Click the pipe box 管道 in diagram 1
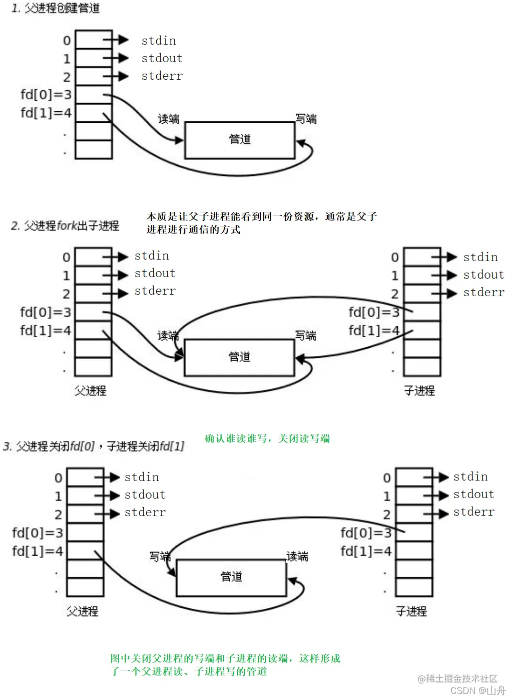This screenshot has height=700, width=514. (240, 140)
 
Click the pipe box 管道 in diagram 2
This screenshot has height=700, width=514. (239, 357)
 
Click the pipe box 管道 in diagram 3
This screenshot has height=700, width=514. (231, 577)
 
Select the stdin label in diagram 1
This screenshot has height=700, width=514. (159, 41)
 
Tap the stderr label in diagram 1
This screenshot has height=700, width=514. (162, 76)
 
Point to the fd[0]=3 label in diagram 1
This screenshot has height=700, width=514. (46, 95)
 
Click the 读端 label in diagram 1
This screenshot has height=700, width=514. (169, 119)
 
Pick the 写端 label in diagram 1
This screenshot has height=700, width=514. (306, 119)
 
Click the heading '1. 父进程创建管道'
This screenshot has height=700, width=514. (56, 9)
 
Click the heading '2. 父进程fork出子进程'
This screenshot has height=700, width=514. (65, 226)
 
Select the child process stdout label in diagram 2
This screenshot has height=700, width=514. (483, 275)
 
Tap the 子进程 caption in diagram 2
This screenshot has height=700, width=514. (419, 391)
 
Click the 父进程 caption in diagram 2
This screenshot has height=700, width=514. (91, 391)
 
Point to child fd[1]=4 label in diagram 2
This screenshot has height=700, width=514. (374, 331)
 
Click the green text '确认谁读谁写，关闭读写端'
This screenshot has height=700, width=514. (267, 439)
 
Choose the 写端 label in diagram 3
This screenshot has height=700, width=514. (160, 557)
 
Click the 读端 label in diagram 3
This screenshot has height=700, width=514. (297, 557)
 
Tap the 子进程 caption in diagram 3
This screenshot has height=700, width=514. (411, 611)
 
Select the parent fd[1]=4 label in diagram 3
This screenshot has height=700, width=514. (38, 551)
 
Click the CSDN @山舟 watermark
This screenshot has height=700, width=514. (478, 690)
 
